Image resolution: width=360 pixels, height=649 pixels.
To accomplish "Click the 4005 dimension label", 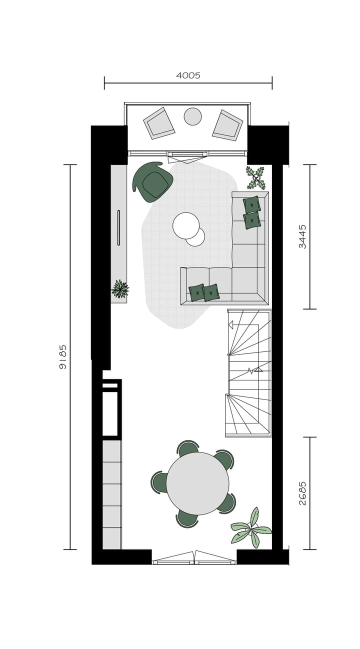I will click(x=188, y=75).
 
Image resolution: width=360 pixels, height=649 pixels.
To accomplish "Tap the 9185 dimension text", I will click(x=63, y=356).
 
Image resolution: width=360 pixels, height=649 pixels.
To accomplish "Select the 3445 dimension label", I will click(x=302, y=236).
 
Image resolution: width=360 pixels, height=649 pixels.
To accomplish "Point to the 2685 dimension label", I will click(x=302, y=493).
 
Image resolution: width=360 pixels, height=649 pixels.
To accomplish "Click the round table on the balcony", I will click(x=192, y=116).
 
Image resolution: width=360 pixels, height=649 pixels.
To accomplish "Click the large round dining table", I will click(x=197, y=483).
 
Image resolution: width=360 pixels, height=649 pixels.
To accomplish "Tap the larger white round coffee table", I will click(x=185, y=225).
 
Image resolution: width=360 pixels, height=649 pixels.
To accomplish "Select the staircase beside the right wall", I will click(x=249, y=372).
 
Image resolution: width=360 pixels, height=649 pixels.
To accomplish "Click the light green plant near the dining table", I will click(x=251, y=527).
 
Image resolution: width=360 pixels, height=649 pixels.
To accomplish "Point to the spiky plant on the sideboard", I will click(x=120, y=288).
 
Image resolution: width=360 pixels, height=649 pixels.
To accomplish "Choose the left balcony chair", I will click(x=159, y=123).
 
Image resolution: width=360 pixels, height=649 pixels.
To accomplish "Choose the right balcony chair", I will click(x=227, y=125).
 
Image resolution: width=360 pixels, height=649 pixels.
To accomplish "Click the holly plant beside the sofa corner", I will click(x=256, y=177).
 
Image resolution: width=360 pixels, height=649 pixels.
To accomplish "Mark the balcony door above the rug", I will click(x=186, y=157).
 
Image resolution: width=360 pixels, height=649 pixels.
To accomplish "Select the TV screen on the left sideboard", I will click(x=118, y=227).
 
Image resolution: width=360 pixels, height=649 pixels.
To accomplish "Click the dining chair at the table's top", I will click(x=188, y=447).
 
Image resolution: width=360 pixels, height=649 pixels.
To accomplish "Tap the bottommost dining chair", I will click(x=187, y=519).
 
